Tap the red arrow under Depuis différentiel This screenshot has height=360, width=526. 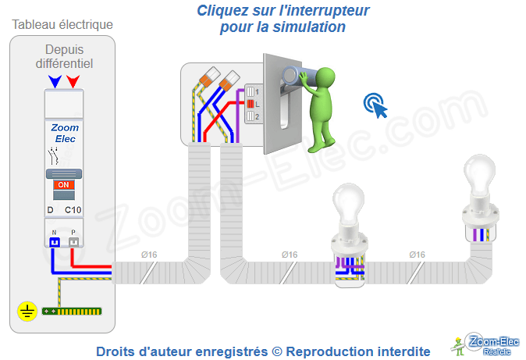coord(73,81)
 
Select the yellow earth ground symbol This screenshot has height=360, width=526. coord(27,312)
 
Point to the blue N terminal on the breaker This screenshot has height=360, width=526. coord(55,242)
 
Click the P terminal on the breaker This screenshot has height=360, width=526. coord(73,242)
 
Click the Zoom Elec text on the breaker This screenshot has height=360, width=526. coord(64,134)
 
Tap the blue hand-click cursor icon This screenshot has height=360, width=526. coord(375,105)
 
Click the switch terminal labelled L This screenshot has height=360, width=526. coord(251,103)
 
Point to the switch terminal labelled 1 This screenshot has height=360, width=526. coord(251,91)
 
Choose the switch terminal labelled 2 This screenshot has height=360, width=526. coord(251,116)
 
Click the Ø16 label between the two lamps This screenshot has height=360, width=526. coord(417,254)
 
